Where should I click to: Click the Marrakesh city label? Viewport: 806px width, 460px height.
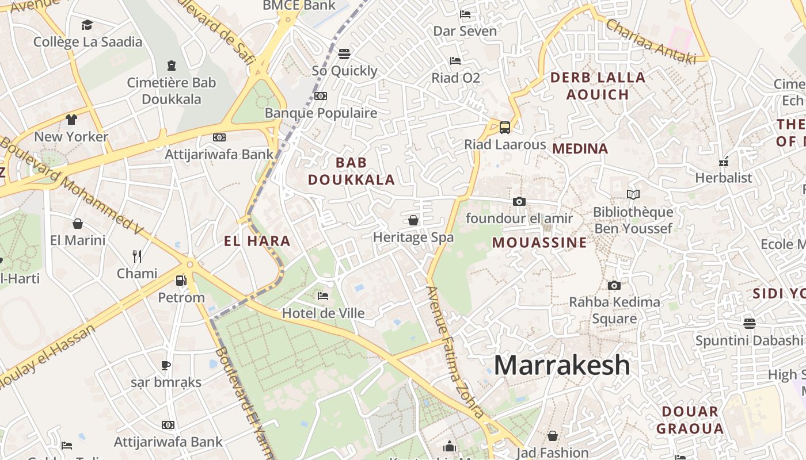point(562,365)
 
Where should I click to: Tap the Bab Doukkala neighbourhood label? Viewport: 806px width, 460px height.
point(351,171)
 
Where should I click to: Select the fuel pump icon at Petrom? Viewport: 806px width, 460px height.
point(181,281)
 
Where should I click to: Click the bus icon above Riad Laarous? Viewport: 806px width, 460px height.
point(505,128)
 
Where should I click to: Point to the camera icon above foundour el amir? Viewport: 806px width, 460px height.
point(519,201)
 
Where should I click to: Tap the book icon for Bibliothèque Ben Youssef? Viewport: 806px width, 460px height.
point(633,195)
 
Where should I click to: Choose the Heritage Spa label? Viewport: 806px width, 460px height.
point(413,237)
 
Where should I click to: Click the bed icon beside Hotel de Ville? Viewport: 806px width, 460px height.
point(323,296)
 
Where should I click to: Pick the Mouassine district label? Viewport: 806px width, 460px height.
point(539,243)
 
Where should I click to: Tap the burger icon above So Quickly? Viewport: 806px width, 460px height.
point(344,54)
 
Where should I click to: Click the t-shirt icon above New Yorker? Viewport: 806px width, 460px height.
point(71,120)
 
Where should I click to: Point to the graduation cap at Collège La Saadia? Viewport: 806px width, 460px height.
point(87,25)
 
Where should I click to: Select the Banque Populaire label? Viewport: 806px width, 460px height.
point(321,113)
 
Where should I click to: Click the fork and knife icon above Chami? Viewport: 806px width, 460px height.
point(137,256)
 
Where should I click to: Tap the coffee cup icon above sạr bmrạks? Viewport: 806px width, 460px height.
point(166,365)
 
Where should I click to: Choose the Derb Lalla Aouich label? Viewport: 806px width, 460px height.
point(598,86)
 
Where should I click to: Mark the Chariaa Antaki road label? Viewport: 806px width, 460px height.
point(651,41)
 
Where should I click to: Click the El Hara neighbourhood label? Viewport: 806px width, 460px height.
point(257,241)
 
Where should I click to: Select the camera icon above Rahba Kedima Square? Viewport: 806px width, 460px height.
point(614,285)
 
